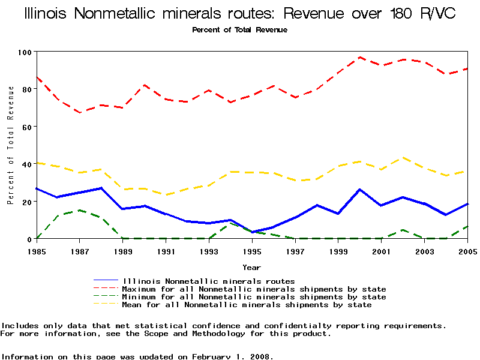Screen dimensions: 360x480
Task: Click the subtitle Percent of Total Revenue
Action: tap(239, 30)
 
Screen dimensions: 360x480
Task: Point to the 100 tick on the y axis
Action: tap(25, 52)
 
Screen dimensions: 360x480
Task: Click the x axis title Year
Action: tap(251, 267)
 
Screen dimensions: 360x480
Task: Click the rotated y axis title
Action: tap(10, 145)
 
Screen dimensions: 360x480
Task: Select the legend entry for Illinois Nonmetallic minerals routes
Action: tap(208, 281)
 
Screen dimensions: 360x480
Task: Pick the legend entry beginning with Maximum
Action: tap(254, 289)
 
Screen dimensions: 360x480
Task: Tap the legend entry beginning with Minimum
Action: tap(254, 297)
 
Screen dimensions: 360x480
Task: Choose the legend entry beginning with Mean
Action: tap(247, 305)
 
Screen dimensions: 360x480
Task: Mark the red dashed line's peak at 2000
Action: tap(360, 58)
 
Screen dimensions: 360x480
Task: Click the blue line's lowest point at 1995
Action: tap(253, 232)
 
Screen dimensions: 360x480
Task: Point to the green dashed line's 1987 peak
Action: tap(80, 210)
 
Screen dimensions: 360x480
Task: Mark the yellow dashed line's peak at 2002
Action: tap(403, 158)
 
